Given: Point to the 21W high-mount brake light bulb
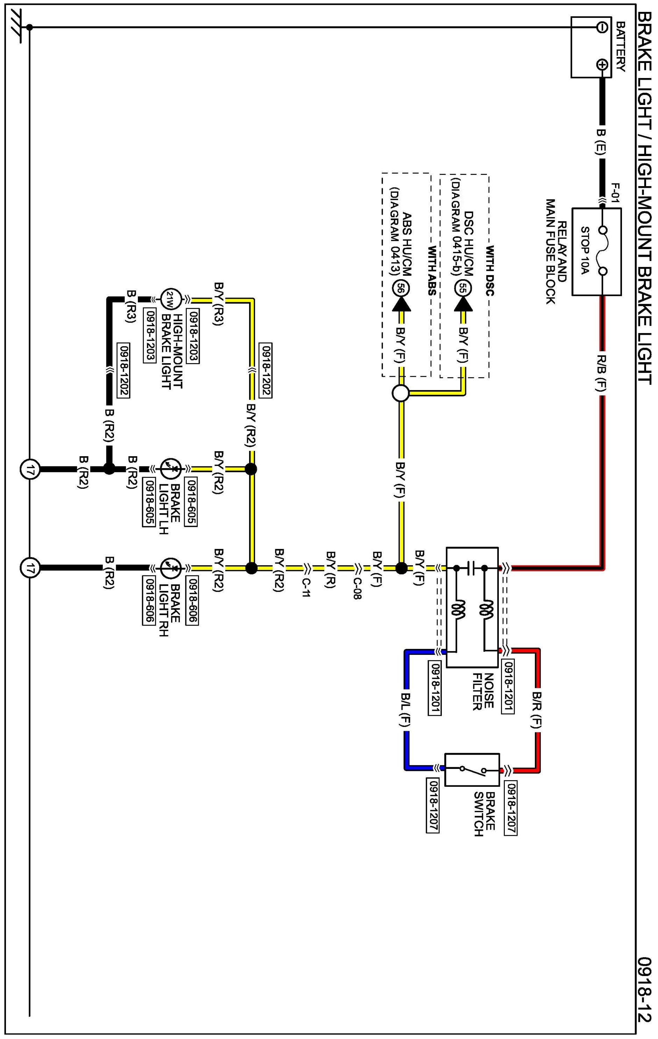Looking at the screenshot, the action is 169,298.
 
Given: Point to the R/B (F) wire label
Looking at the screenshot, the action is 601,374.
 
